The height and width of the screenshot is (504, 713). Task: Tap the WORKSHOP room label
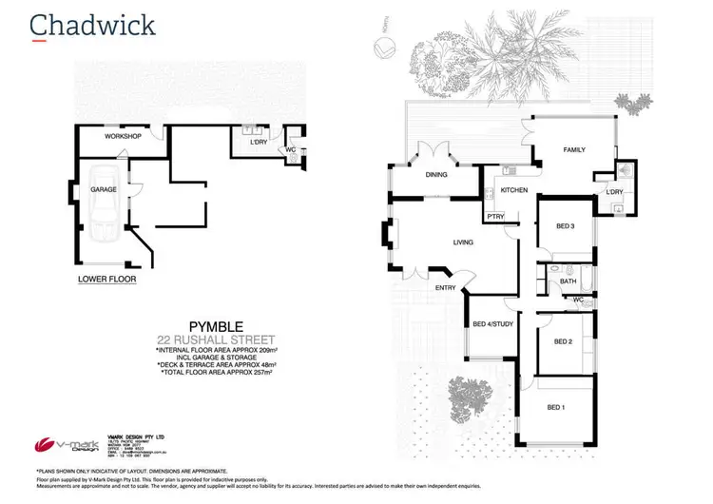[x=123, y=137]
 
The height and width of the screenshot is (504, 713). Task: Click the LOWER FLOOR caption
[x=107, y=281]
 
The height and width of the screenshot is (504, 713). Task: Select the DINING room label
[x=436, y=175]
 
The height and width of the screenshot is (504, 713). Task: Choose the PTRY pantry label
[x=494, y=217]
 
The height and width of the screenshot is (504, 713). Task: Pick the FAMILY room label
[x=573, y=150]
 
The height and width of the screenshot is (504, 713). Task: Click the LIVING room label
[x=463, y=243]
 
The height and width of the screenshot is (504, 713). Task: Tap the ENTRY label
[x=445, y=287]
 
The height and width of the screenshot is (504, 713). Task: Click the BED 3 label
[x=565, y=225]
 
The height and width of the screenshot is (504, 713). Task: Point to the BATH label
[x=568, y=281]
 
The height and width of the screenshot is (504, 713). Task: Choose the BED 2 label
[x=563, y=341]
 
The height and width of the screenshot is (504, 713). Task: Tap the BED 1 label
[x=557, y=407]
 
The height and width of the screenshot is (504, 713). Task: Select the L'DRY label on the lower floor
[x=258, y=142]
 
